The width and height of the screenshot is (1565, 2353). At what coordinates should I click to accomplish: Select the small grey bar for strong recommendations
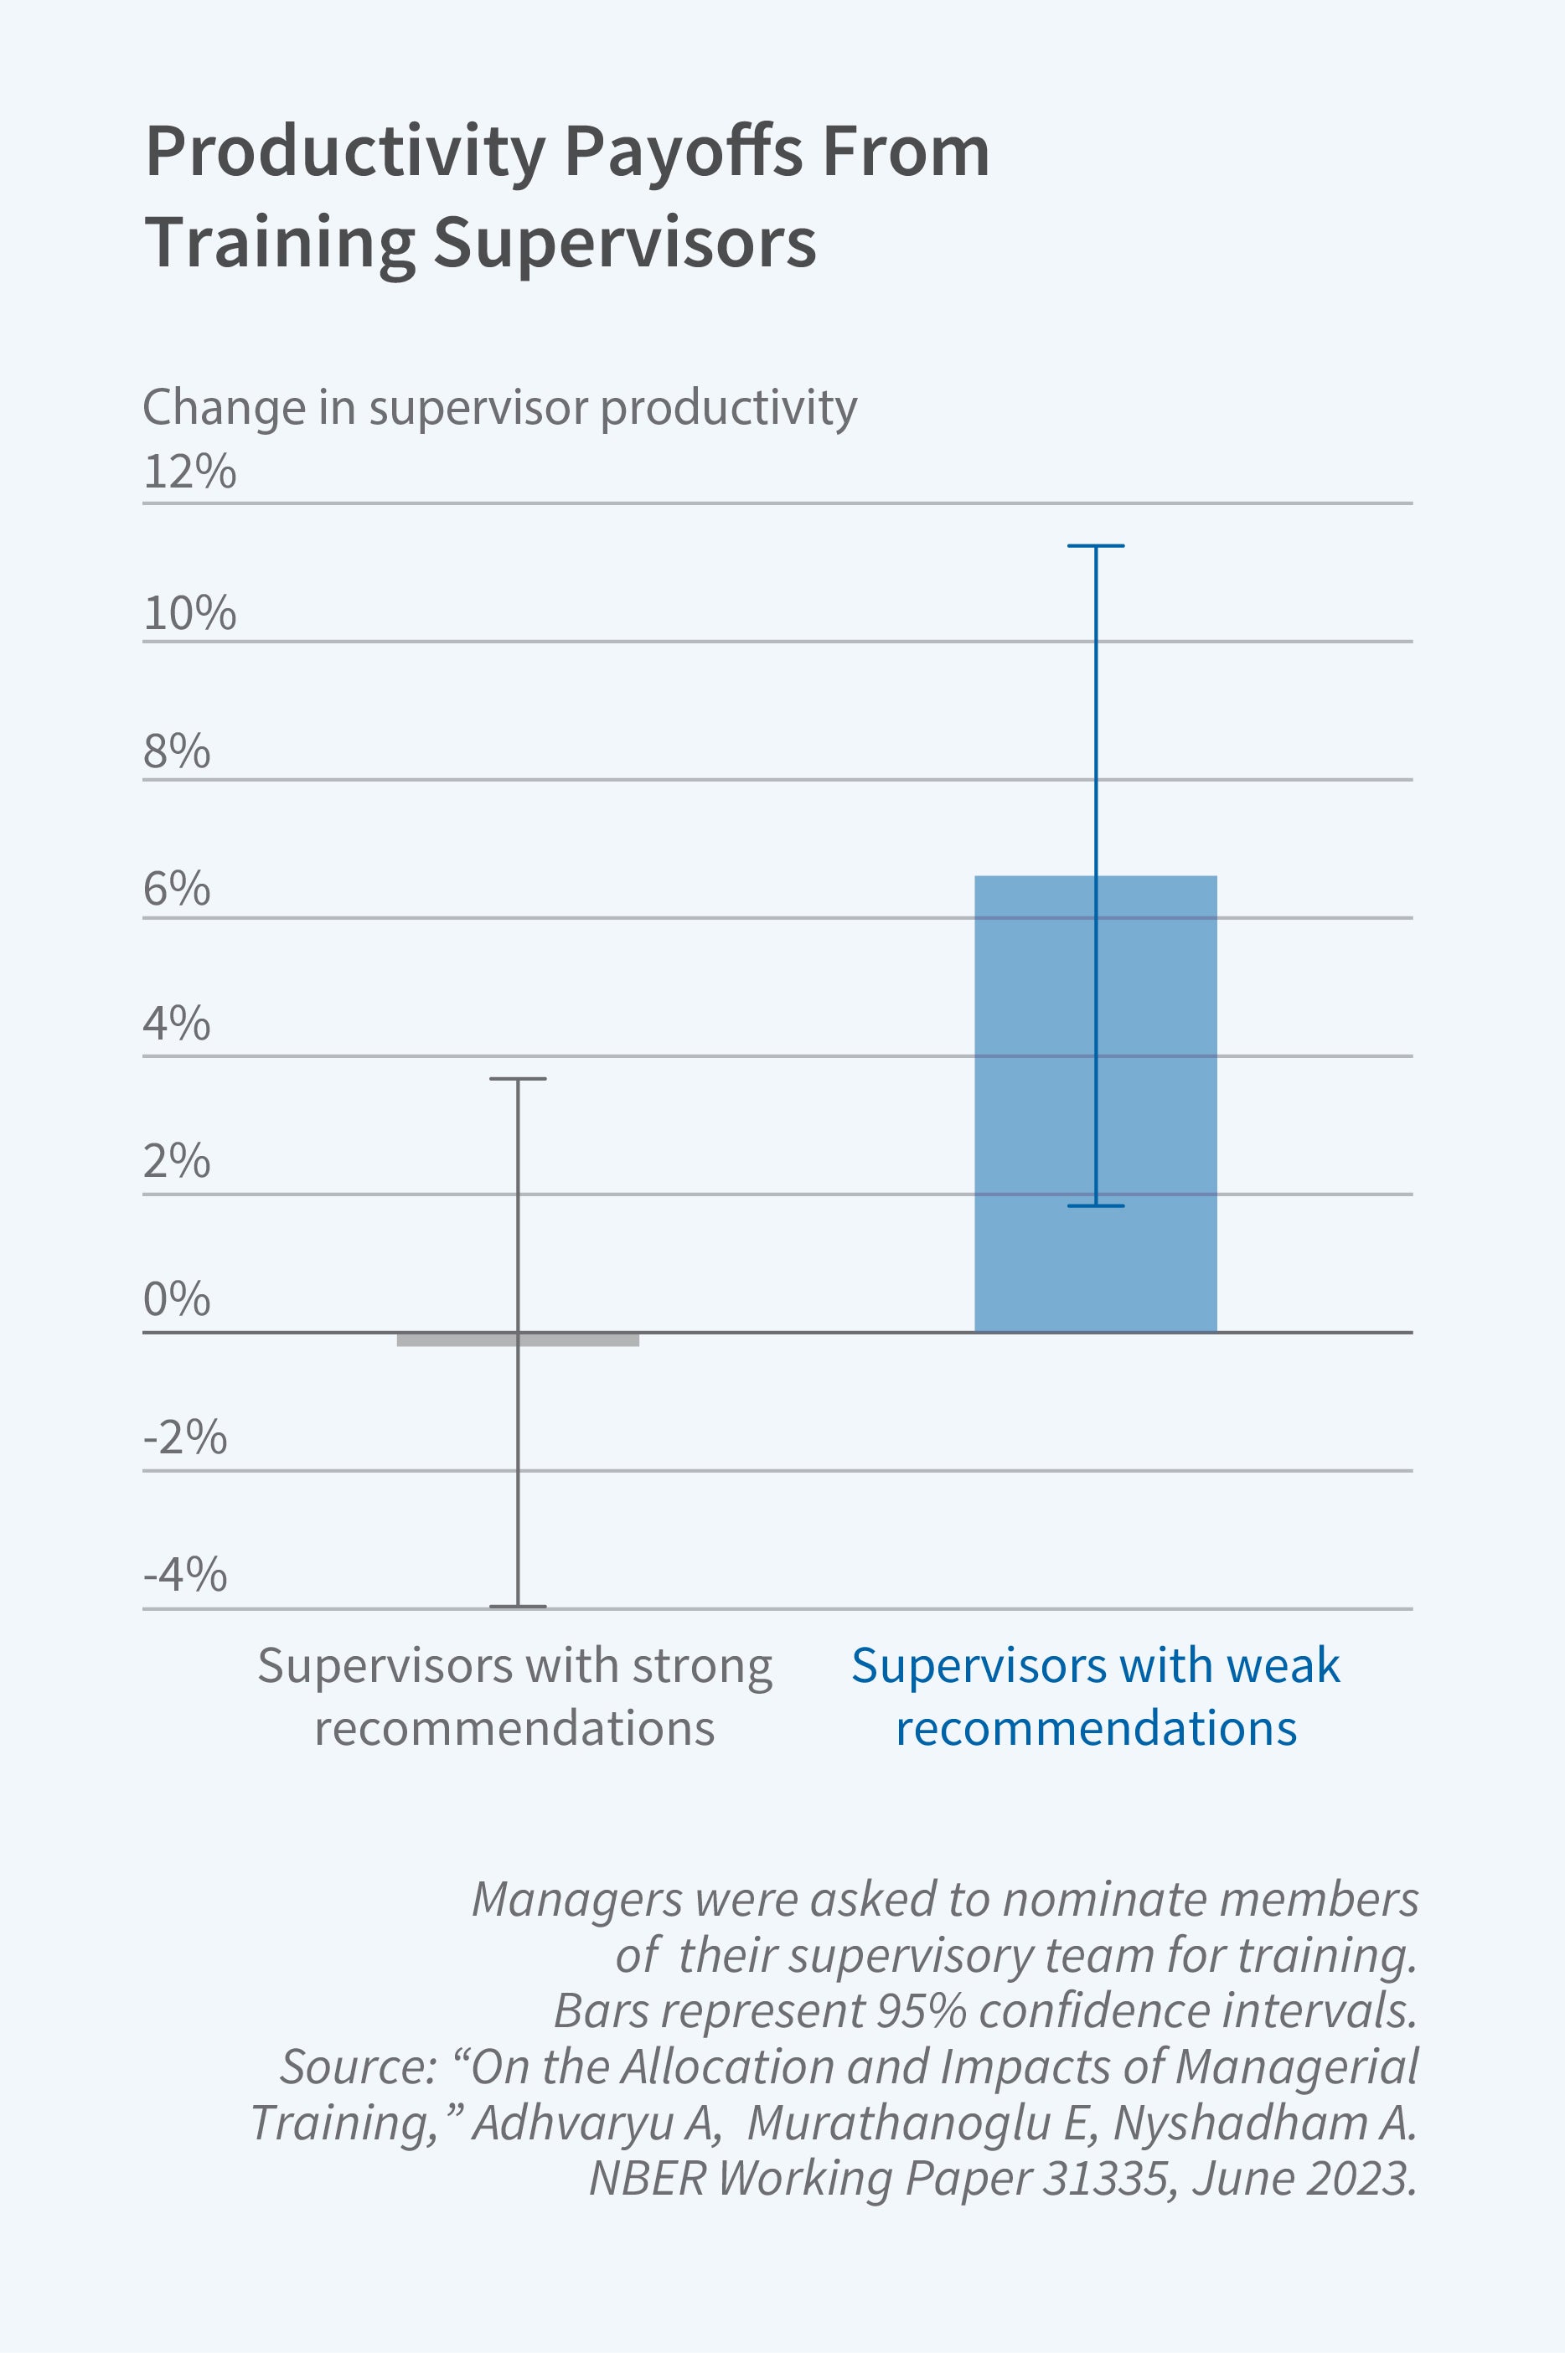[x=517, y=1339]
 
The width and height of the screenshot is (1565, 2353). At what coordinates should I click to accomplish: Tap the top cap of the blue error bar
[x=1095, y=546]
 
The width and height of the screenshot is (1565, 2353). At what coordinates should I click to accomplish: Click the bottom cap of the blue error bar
[x=1095, y=1205]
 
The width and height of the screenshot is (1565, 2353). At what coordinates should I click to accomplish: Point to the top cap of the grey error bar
[x=517, y=1079]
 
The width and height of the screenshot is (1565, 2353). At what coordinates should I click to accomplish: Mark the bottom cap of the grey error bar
[x=517, y=1606]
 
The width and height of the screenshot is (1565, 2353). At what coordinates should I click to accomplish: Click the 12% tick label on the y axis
[x=189, y=472]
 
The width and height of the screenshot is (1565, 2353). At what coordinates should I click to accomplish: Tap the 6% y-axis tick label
[x=177, y=888]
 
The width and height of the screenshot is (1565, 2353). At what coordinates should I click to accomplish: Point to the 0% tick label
[x=177, y=1299]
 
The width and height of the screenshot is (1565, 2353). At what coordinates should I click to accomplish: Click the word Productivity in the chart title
[x=345, y=152]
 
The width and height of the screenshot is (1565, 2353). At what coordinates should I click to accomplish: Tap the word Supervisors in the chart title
[x=625, y=242]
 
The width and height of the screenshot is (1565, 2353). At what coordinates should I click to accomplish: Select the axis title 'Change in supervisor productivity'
[x=499, y=407]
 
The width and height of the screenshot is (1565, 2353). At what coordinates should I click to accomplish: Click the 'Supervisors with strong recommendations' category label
[x=515, y=1696]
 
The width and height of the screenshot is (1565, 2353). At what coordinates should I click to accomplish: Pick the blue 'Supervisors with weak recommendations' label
[x=1095, y=1696]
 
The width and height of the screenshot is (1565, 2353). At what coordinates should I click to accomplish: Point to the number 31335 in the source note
[x=1104, y=2179]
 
